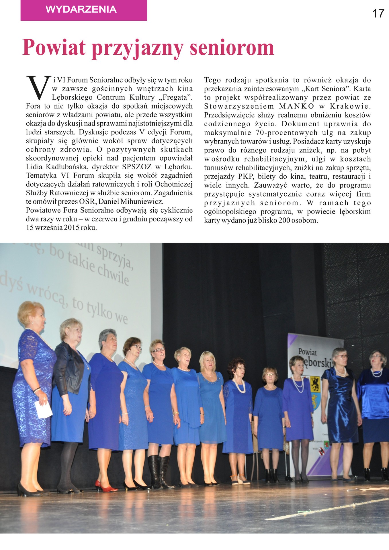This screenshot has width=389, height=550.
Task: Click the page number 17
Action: coord(378,13)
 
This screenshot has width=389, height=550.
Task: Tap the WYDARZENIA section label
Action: coord(81,9)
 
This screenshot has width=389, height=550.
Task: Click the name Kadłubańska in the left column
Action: coord(64,167)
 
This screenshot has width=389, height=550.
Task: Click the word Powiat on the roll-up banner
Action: coord(307,352)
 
